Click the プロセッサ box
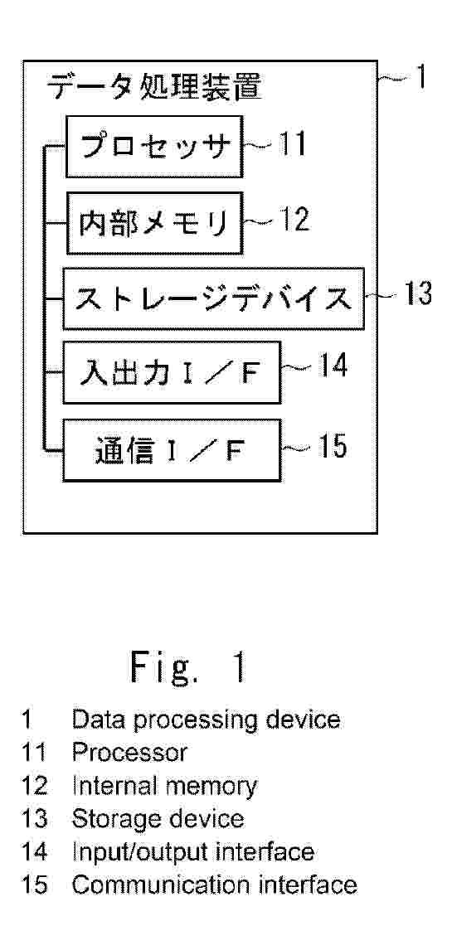154,147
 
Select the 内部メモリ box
154,222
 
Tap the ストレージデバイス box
214,298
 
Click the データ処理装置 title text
154,86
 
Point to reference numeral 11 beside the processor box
290,144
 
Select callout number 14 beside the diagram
331,366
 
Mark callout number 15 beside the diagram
331,447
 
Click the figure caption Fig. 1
188,667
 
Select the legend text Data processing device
206,719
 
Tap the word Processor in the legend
129,752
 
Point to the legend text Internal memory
164,786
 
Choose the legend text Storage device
158,819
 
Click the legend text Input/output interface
193,851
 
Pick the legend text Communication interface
214,885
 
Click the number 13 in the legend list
35,819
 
